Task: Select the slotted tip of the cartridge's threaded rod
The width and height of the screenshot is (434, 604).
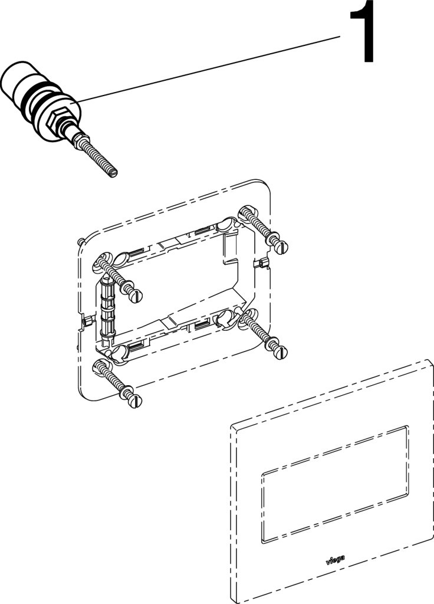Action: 113,174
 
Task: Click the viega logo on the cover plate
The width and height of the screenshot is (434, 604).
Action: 336,560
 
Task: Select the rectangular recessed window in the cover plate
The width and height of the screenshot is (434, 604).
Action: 335,485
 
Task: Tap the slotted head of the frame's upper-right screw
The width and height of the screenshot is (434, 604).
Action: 282,247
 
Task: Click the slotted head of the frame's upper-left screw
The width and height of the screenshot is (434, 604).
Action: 136,296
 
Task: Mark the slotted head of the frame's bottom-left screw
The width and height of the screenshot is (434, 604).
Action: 136,401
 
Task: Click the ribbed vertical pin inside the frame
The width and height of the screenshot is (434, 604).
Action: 107,308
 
